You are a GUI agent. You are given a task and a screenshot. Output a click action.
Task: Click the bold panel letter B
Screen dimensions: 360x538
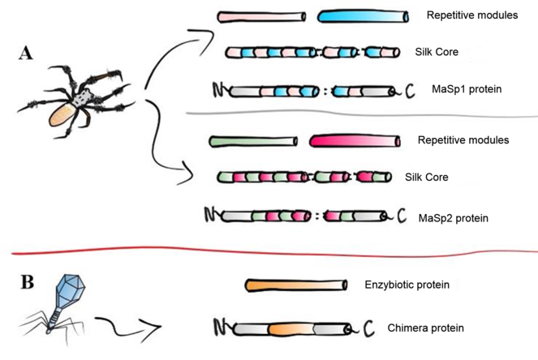[27, 283]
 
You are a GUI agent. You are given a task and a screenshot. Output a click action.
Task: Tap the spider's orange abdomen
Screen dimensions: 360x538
[62, 120]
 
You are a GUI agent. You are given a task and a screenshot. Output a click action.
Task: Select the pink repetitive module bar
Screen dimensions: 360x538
[261, 16]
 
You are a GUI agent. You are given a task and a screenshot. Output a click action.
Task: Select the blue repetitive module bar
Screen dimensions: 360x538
[362, 16]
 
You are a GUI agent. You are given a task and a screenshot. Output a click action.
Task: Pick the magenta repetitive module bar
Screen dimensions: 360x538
[354, 142]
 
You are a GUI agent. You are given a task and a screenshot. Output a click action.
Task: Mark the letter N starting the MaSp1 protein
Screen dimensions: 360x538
[218, 88]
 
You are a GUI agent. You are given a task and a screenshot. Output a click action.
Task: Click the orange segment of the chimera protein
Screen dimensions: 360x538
[292, 328]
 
